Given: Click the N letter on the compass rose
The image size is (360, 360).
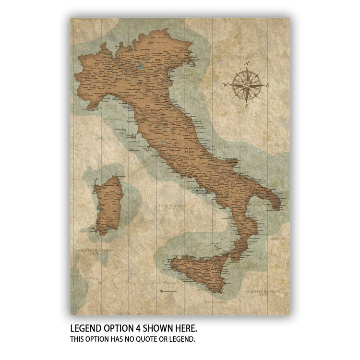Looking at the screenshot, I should point(248,64).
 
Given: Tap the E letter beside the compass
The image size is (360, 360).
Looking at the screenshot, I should point(267,85).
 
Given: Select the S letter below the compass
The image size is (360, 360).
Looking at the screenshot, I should point(246,106).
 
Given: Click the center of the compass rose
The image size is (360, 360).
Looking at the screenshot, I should point(246,85).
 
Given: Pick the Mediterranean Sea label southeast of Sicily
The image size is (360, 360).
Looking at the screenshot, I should point(262,293).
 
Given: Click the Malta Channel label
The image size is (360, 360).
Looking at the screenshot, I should point(215,302).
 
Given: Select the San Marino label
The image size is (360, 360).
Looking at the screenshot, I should point(167,108).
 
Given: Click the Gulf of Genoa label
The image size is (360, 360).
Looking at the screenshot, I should point(112,107).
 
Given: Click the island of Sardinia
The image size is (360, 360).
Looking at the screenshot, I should point(108,204).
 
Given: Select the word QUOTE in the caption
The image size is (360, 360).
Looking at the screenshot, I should point(146,339).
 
